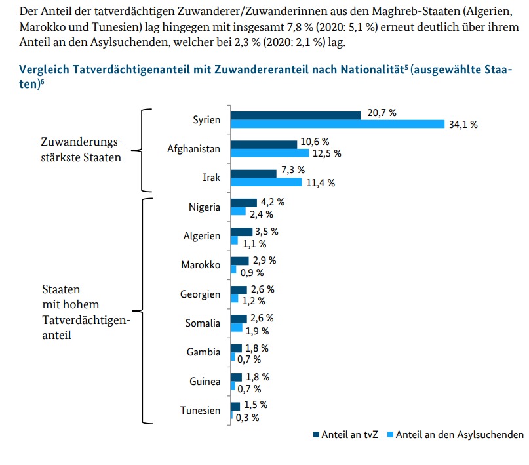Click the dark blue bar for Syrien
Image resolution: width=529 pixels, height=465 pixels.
point(295,115)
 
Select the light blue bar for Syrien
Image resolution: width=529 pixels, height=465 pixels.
point(337,125)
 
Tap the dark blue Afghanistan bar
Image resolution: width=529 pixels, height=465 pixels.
point(264,144)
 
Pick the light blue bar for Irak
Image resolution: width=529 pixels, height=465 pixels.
point(266,182)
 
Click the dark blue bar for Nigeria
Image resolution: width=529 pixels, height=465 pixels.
point(243,203)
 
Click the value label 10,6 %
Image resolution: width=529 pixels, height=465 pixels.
point(315,142)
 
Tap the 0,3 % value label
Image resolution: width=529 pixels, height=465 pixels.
point(248,417)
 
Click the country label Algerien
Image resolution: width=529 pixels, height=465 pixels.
point(203,236)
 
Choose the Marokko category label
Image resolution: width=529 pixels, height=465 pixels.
point(201,265)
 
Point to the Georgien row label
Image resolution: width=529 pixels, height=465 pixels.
point(200,294)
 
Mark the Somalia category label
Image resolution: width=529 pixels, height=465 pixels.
point(203,323)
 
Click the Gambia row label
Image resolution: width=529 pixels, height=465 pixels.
point(203,352)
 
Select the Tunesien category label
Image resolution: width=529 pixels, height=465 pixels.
point(201,411)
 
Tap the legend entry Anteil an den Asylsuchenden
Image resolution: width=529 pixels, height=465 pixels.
point(460,434)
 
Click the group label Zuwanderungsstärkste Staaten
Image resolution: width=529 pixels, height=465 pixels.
point(81,149)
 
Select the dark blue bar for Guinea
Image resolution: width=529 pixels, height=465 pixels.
point(235,377)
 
